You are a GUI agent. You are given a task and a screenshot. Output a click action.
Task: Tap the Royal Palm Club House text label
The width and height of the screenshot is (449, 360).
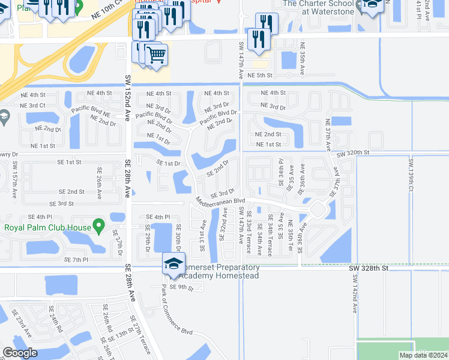pos(47,227)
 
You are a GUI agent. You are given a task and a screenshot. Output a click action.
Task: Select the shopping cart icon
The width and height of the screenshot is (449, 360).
pos(156,55)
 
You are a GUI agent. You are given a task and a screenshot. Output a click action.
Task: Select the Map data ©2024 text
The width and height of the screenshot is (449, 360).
pos(423,355)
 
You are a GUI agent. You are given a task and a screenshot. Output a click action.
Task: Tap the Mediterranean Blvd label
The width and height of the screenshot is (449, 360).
pos(220,200)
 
